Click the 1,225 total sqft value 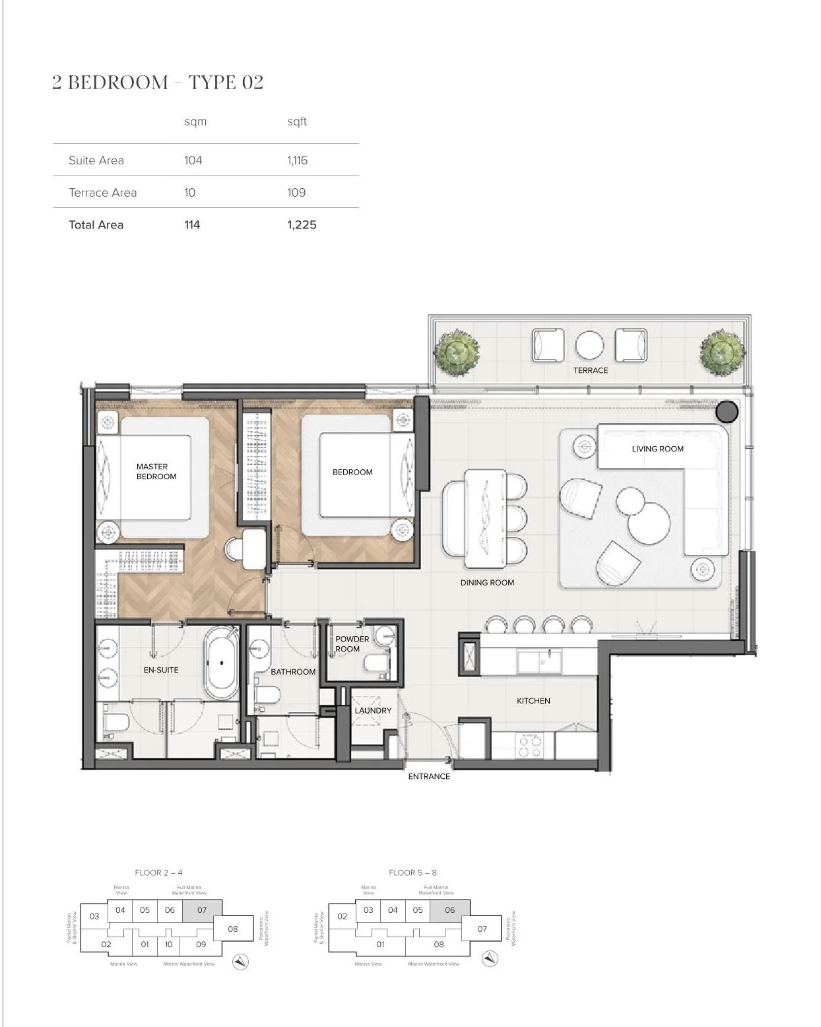point(302,224)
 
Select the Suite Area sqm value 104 point(193,160)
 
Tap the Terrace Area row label point(102,193)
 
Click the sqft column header point(297,121)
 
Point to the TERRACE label point(590,370)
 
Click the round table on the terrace point(589,345)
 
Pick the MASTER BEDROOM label point(156,471)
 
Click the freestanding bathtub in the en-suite point(222,663)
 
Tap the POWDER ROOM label point(352,644)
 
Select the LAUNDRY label point(373,711)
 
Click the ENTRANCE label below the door point(429,776)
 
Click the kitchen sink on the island point(539,661)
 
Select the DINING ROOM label point(487,583)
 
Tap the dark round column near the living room point(727,411)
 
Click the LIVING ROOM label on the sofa point(657,449)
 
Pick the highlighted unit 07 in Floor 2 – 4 point(202,910)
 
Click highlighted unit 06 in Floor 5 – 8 point(449,910)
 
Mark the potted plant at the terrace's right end point(722,350)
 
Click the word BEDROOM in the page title point(118,83)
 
